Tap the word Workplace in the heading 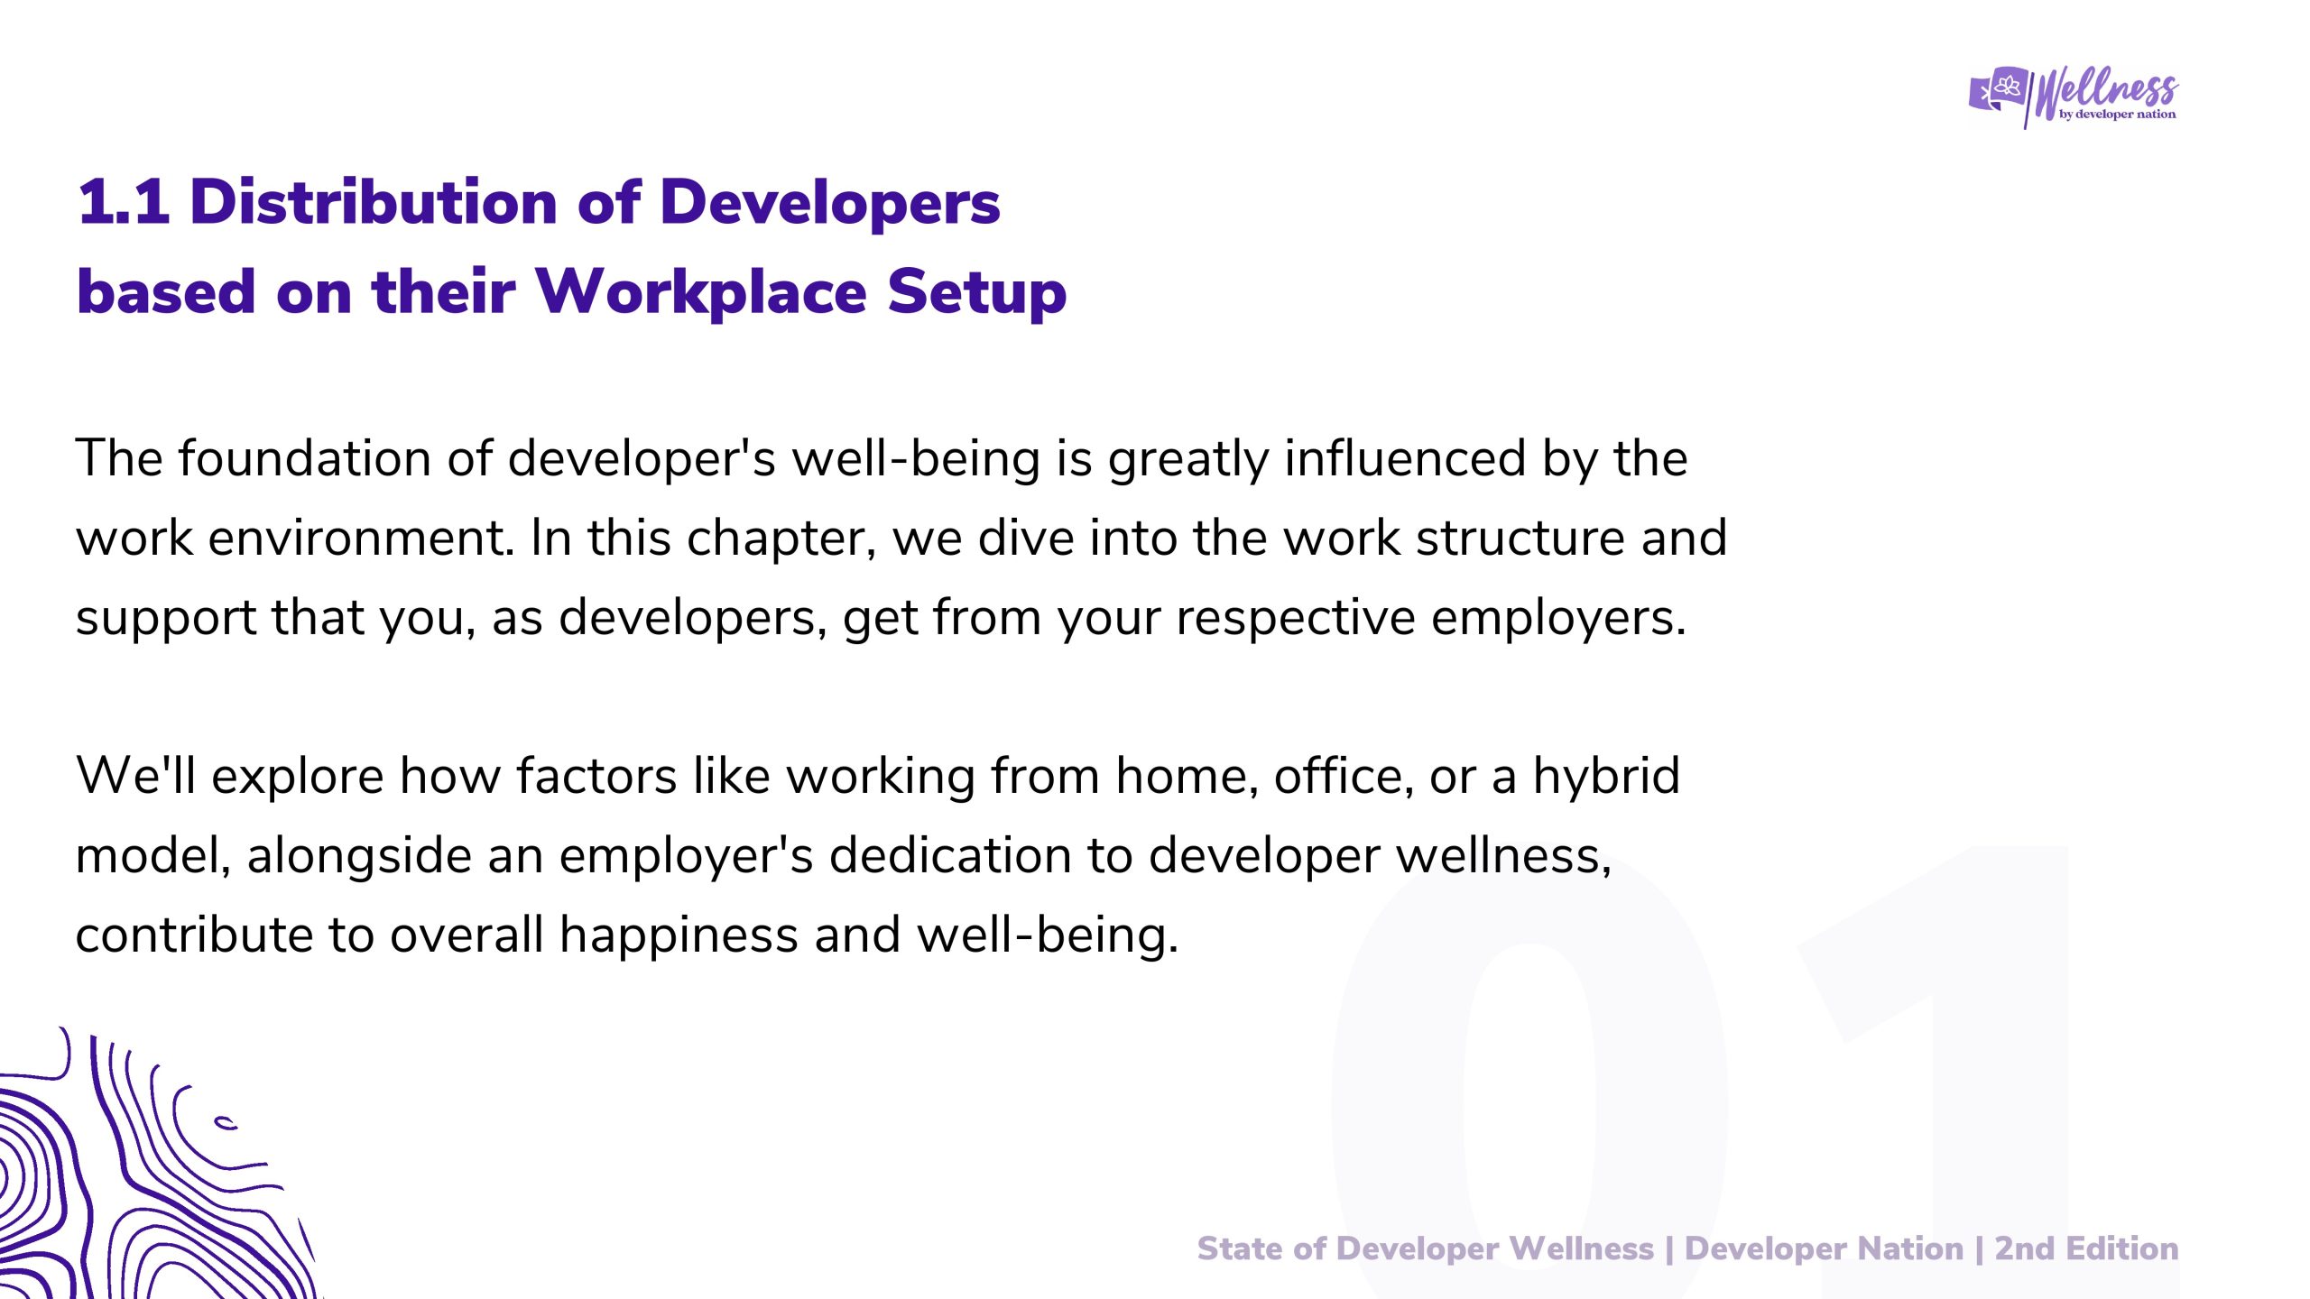tap(701, 291)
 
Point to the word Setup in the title tap(977, 293)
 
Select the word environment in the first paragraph tap(361, 538)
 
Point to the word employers tap(1558, 619)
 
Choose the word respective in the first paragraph tap(1296, 619)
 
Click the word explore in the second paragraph tap(298, 777)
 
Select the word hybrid tap(1606, 776)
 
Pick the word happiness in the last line tap(679, 935)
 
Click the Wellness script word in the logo tap(2106, 91)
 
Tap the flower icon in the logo tap(2008, 87)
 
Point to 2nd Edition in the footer tap(2086, 1248)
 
